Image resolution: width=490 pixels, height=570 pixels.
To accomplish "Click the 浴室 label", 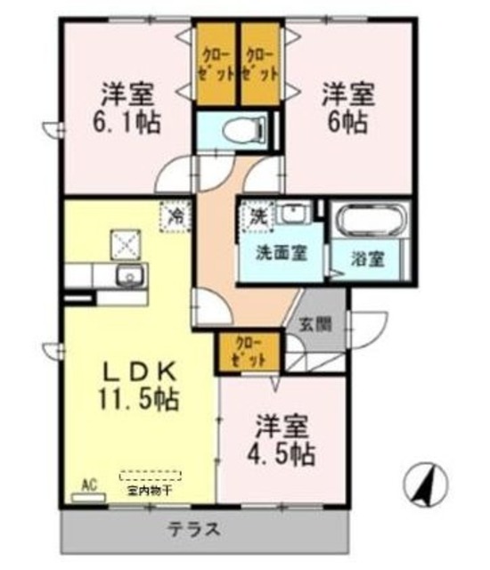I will [x=368, y=260].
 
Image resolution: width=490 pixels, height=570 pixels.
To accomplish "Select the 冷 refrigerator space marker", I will [x=176, y=215].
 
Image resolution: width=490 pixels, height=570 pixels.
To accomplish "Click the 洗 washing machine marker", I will [x=257, y=215].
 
